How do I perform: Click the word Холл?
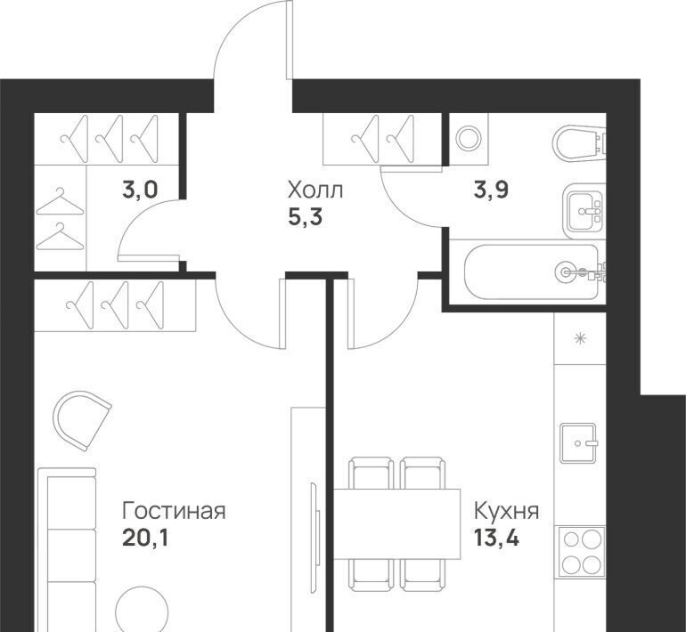315,190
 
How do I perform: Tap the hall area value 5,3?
305,217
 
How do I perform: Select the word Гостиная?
174,510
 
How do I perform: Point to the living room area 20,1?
145,538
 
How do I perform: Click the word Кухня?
507,510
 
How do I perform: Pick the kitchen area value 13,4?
496,538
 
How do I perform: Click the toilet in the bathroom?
578,143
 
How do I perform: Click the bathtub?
532,271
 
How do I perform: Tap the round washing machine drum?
469,139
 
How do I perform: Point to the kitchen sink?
578,442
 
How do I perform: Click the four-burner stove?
581,553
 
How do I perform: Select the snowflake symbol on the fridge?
580,338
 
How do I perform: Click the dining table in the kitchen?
397,523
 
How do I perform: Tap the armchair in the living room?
81,419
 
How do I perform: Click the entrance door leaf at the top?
290,40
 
